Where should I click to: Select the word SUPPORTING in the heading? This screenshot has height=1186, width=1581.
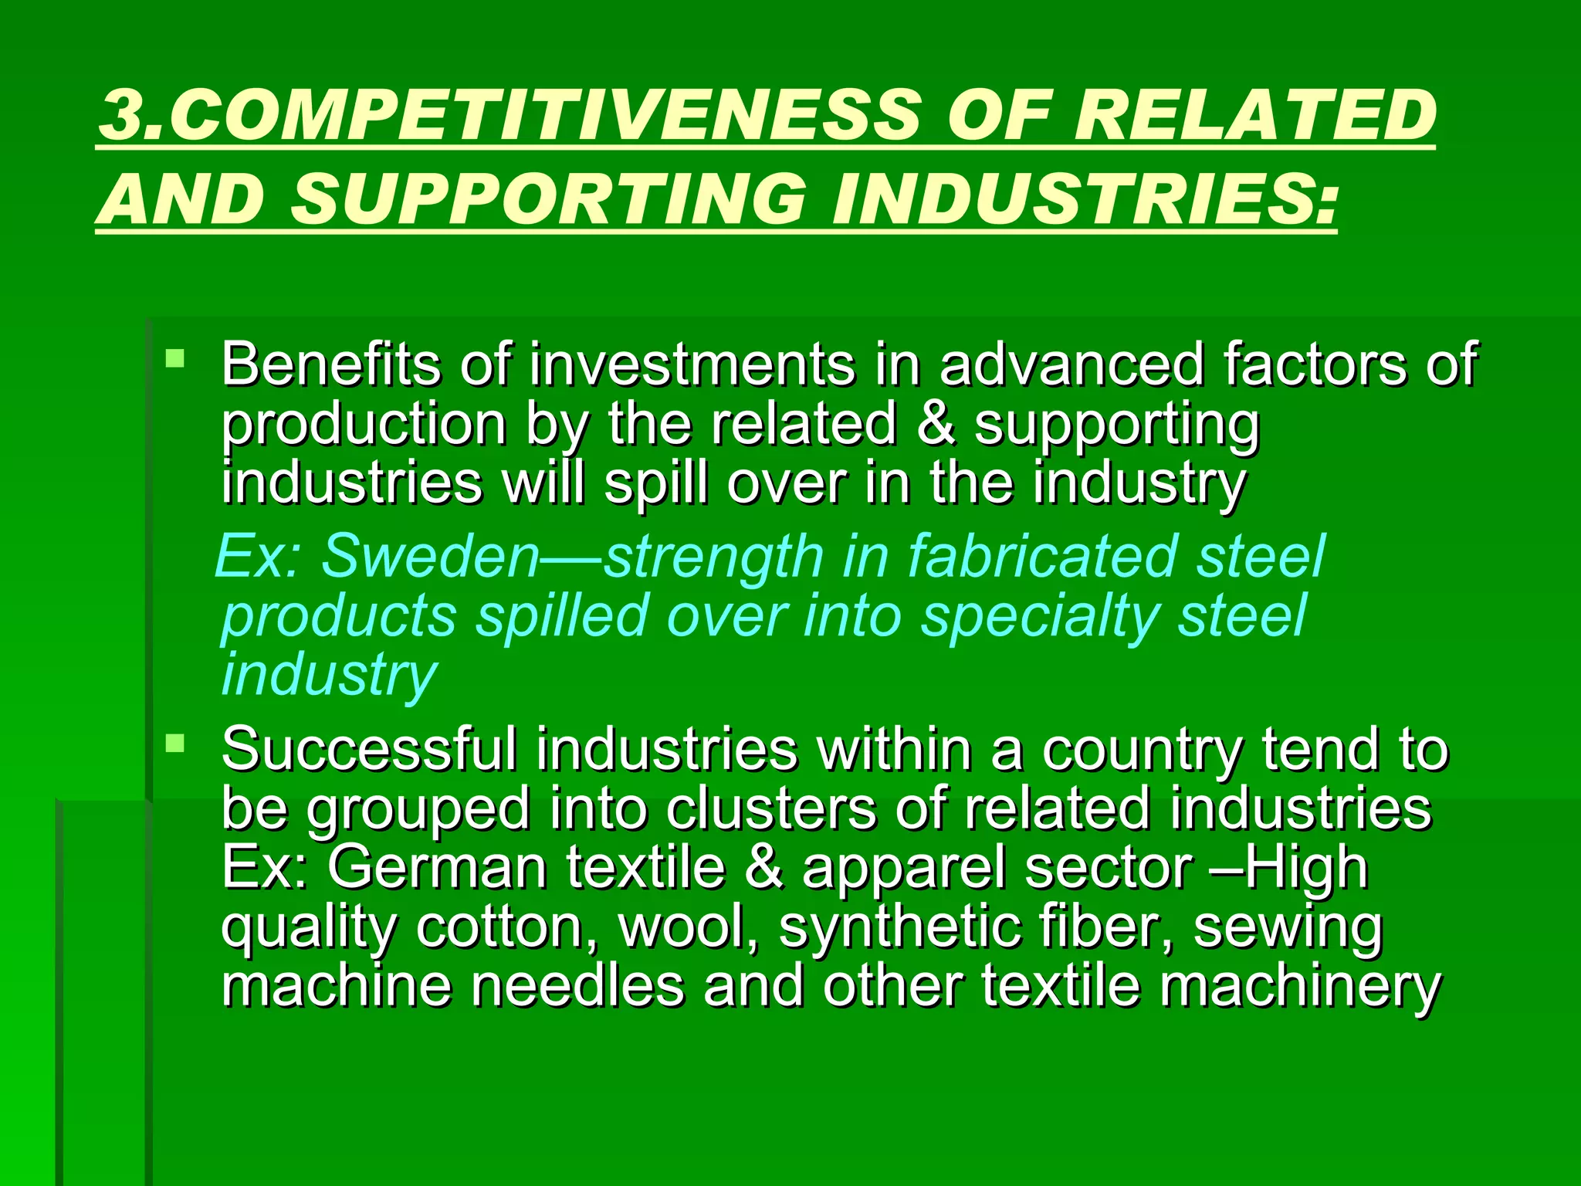(548, 198)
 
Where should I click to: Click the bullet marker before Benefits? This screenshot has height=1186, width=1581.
(176, 357)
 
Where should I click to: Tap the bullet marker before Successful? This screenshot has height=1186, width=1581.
(176, 743)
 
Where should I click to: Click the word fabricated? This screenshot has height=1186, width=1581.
(1043, 556)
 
